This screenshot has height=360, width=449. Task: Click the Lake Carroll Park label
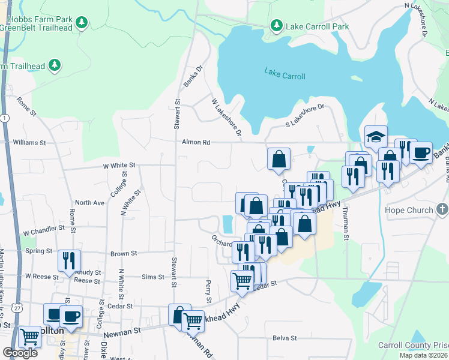coord(317,26)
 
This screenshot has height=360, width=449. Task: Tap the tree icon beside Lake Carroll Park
coord(276,25)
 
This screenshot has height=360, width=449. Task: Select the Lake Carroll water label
coord(285,76)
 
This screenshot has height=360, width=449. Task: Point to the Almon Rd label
coord(196,143)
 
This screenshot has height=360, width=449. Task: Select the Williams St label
coord(29,143)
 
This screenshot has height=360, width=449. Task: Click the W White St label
coord(119,164)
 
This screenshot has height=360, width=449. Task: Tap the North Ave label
coord(89,203)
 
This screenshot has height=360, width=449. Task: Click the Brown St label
coord(124,254)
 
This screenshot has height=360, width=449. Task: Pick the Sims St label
coord(153,277)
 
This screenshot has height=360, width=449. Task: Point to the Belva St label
coord(285,338)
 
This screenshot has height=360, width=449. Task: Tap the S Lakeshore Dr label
coord(304,115)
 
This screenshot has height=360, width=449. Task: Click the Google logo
coord(20,353)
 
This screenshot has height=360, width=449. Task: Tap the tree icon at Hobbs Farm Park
coord(82,23)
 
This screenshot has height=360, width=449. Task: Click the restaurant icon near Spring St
coord(68,260)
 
